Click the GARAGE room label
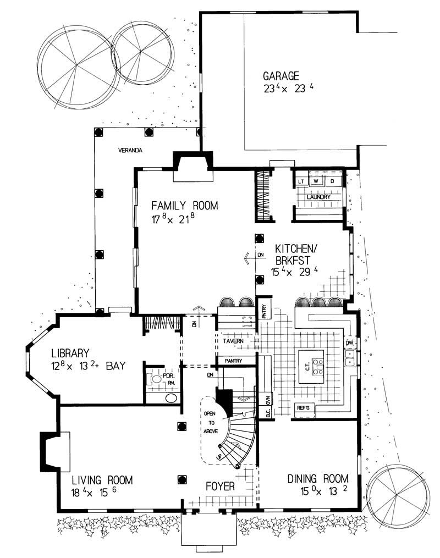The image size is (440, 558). pyautogui.click(x=280, y=76)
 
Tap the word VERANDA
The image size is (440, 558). pyautogui.click(x=130, y=150)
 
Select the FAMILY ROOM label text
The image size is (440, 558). pyautogui.click(x=185, y=206)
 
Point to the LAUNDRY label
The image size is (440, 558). pyautogui.click(x=318, y=196)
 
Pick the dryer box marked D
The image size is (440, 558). pyautogui.click(x=332, y=181)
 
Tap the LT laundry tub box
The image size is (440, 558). pyautogui.click(x=301, y=181)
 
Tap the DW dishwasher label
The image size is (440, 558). pyautogui.click(x=349, y=343)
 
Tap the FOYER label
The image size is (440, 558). pyautogui.click(x=220, y=487)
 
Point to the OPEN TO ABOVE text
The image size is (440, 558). pyautogui.click(x=211, y=423)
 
